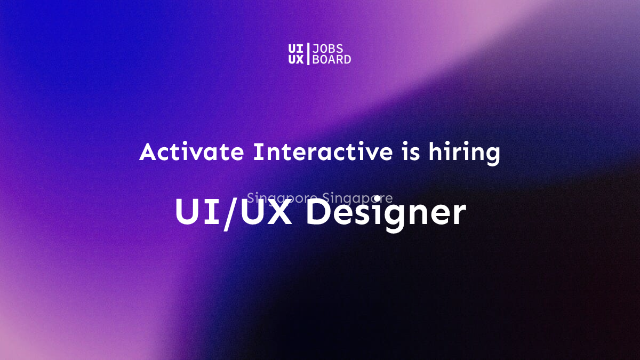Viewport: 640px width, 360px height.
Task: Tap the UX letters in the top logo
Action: [295, 59]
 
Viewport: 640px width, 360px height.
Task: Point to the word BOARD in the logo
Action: [331, 59]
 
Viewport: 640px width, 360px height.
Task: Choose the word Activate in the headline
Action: [192, 153]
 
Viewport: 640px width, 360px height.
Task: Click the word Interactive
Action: [323, 153]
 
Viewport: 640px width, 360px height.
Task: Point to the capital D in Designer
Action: [318, 213]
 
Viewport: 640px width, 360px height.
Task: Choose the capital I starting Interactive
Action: [257, 153]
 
